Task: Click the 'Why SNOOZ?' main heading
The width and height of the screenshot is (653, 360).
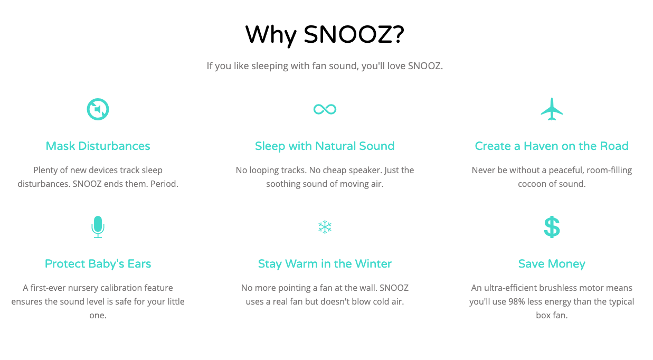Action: coord(325,35)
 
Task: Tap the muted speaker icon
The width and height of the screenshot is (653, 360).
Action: coord(98,109)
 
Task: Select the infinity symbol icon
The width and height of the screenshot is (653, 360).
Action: coord(325,109)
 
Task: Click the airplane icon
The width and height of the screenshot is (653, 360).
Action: coord(552,109)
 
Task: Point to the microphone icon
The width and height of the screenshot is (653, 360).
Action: coord(98,227)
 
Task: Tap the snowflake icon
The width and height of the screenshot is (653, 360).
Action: coord(325,228)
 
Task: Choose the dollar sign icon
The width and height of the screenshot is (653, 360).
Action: coord(552,228)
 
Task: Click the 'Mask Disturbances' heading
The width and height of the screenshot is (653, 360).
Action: coord(98,146)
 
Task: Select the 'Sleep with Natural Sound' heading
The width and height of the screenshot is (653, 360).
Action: coord(325,146)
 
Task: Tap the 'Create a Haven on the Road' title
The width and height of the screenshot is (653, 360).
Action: coord(552,146)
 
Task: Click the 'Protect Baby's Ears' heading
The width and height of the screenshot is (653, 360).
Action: coord(98,264)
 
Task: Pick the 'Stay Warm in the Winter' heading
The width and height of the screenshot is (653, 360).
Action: coord(325,264)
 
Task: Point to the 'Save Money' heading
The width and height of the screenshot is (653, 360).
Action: coord(552,264)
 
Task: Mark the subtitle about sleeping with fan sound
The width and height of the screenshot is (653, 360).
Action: coord(325,67)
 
